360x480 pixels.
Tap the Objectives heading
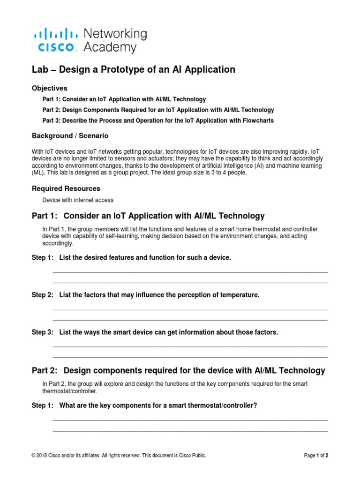(49, 88)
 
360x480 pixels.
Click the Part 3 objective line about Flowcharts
(158, 120)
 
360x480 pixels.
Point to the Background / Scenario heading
(70, 135)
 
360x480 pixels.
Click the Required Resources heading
(66, 188)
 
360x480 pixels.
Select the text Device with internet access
(78, 200)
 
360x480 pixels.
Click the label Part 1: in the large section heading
(44, 216)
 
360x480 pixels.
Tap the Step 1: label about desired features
(42, 258)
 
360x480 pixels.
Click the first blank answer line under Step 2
(190, 310)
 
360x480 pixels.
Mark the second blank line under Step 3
(190, 357)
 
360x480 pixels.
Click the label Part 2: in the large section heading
(44, 371)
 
